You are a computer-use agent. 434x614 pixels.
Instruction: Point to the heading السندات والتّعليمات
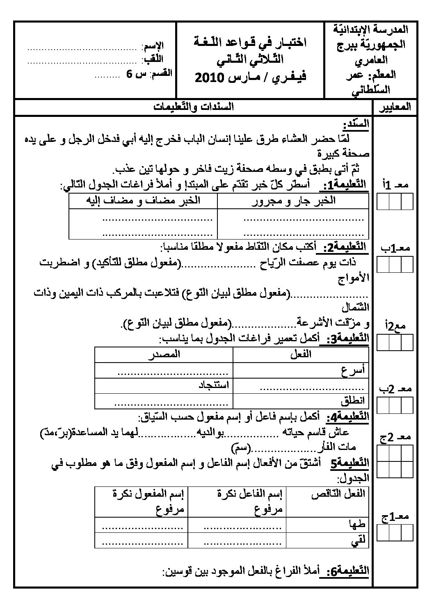pos(194,107)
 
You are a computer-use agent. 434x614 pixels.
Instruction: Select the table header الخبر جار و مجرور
pos(293,201)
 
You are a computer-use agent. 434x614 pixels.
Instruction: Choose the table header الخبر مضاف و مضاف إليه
pos(143,201)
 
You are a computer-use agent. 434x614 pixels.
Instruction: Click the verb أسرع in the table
pos(353,372)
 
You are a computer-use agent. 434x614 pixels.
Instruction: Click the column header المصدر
pos(164,354)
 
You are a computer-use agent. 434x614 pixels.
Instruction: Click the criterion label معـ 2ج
pos(395,437)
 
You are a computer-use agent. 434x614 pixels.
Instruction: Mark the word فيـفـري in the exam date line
pos(287,78)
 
